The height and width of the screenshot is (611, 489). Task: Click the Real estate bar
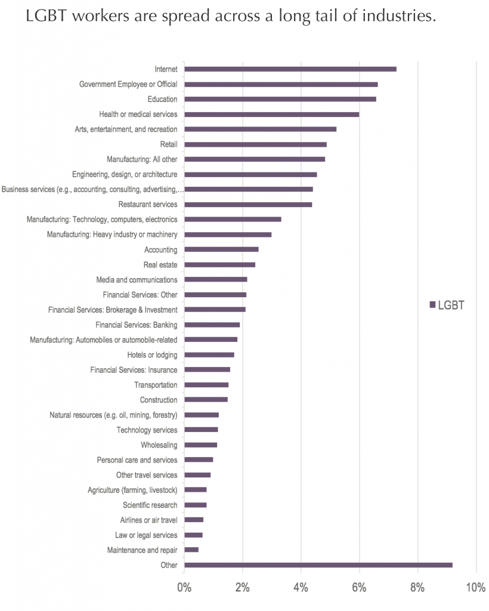click(220, 264)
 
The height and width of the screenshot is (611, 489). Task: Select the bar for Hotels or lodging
click(209, 354)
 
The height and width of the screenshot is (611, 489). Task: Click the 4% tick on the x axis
click(301, 587)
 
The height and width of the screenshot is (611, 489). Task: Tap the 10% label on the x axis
click(475, 587)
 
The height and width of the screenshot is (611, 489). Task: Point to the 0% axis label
click(184, 587)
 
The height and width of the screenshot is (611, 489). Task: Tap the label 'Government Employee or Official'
click(128, 84)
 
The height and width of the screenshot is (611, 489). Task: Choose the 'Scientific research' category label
click(150, 505)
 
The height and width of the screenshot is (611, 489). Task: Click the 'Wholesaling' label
click(159, 445)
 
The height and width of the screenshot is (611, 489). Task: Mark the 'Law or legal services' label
click(146, 535)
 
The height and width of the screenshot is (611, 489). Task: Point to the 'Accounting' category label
click(160, 249)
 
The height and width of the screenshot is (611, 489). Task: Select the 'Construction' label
click(159, 400)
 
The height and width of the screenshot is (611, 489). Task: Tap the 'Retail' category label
click(169, 144)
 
